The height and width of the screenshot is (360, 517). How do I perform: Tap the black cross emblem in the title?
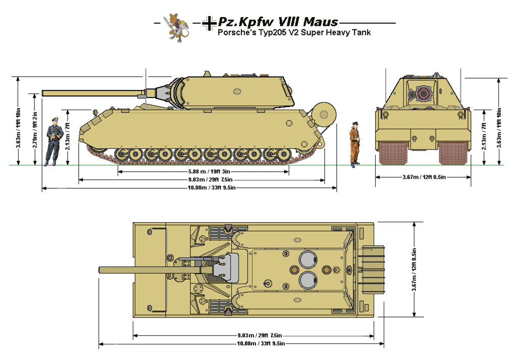(208, 23)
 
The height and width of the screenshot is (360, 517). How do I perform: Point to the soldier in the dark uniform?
(55, 141)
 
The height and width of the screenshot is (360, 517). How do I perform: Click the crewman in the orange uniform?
(355, 144)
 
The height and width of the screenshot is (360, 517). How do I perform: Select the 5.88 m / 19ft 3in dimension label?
(203, 172)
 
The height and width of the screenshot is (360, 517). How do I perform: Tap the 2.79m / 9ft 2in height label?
(35, 129)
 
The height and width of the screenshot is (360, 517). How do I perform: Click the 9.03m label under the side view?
(203, 180)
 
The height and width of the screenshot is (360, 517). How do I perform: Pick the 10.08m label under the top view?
(236, 344)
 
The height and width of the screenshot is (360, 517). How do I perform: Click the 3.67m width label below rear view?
(423, 177)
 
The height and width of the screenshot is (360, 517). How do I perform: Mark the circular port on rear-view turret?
(421, 94)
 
